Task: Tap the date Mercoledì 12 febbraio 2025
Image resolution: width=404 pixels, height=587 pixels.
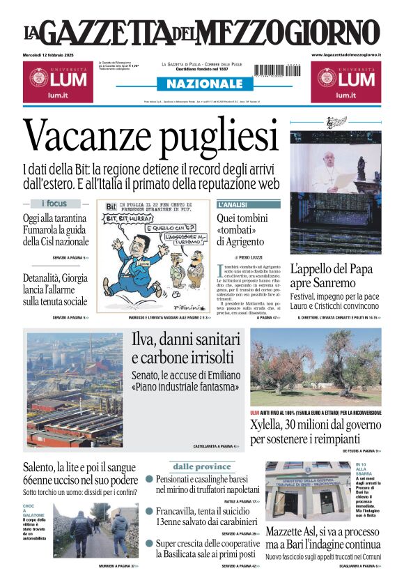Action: click(54, 54)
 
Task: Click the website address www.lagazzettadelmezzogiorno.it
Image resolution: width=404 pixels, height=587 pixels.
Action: click(346, 54)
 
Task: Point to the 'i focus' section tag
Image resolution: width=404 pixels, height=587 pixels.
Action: click(54, 204)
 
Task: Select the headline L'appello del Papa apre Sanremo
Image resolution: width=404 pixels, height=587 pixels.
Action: click(332, 275)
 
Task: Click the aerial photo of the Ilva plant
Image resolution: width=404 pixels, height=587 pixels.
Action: click(74, 389)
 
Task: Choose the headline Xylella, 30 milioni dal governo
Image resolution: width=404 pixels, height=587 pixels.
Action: click(315, 432)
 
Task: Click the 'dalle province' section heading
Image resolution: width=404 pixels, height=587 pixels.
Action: click(202, 466)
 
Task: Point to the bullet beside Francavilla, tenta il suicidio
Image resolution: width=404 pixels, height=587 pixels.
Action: click(149, 511)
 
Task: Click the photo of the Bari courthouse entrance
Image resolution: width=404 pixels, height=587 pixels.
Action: click(307, 491)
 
